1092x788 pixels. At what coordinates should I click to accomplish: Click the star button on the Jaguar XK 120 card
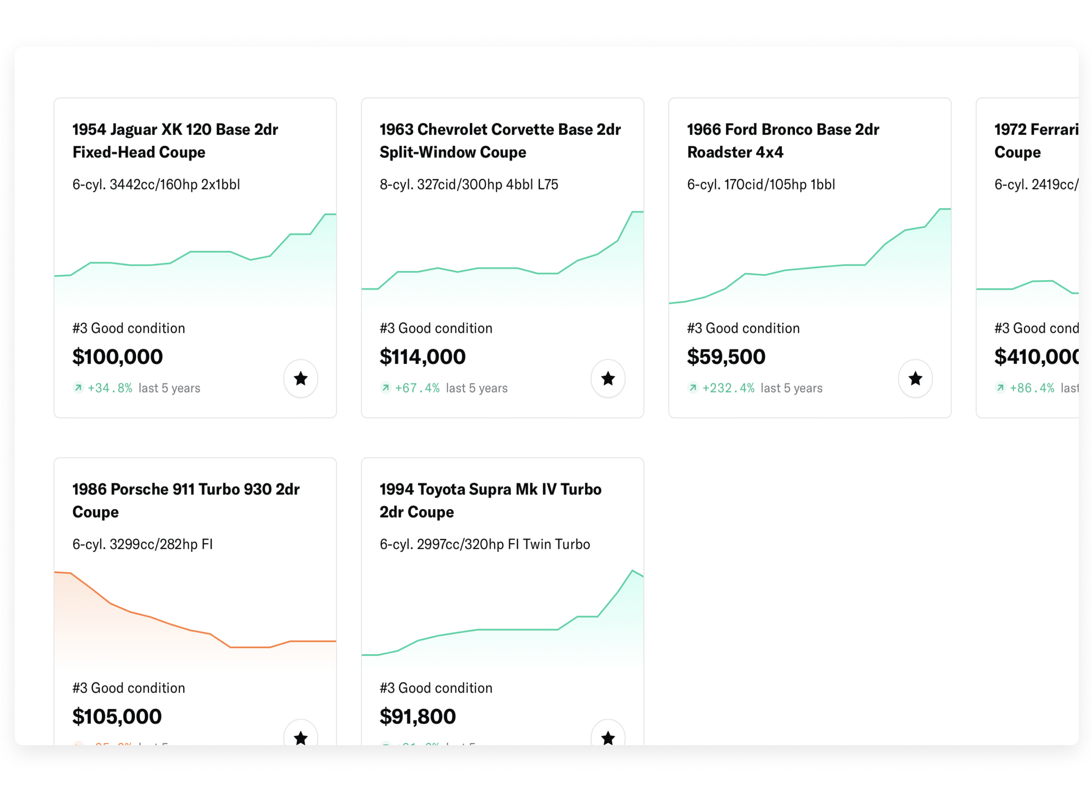coord(301,379)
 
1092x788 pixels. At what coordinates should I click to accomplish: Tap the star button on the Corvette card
coord(608,379)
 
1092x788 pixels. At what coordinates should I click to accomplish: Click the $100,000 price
coord(117,357)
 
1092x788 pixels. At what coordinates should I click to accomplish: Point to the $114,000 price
coord(422,357)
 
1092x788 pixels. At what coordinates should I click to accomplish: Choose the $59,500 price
coord(726,357)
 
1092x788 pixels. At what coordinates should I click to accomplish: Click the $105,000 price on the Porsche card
coord(117,716)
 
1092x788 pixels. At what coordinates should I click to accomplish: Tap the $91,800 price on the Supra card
coord(418,716)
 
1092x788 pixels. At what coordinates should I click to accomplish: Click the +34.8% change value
coord(110,388)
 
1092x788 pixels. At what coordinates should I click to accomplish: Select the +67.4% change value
coord(417,388)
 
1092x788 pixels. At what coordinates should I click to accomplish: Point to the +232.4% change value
coord(728,388)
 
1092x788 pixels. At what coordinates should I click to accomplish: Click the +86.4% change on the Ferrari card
coord(1032,388)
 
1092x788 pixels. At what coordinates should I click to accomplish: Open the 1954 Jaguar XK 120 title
coord(175,141)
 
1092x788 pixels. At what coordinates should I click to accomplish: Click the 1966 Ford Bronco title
coord(783,141)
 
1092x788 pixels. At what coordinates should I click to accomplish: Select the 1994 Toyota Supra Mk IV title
coord(490,500)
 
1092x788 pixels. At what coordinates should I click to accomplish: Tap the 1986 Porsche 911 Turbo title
coord(186,500)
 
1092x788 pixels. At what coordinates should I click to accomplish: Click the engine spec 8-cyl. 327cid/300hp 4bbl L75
coord(468,184)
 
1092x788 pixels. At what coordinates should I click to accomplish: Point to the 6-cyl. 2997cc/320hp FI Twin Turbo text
coord(484,544)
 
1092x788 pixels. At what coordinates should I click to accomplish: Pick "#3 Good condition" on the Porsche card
coord(128,688)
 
